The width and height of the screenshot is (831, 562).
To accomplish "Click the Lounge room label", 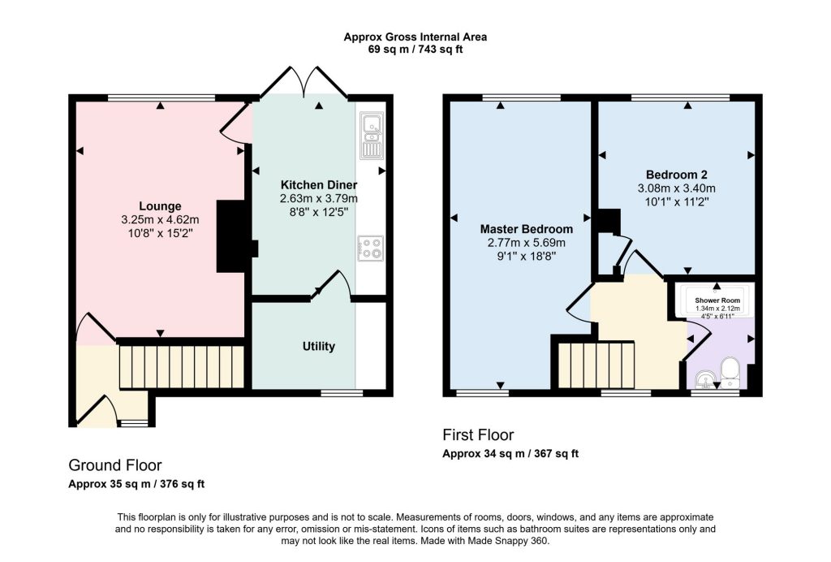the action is pos(160,206).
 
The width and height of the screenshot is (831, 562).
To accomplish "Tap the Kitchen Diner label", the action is pos(318,185).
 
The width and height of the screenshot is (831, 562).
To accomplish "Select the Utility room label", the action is pos(318,346).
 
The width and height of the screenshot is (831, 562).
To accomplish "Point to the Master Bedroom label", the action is pos(526,229).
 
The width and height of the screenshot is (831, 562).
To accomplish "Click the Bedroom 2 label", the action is pos(676,175).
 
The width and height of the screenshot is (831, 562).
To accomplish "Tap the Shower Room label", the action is pos(717,300).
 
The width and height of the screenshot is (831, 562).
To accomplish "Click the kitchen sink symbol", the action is pos(372,136).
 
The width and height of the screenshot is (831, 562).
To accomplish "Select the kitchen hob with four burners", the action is pos(370,249).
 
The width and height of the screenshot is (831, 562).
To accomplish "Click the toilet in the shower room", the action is pos(730,372).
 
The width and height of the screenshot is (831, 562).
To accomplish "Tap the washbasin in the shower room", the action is pos(705,379).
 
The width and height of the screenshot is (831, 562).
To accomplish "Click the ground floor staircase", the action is pos(181,367).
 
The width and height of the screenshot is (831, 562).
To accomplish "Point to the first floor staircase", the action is pos(596,365).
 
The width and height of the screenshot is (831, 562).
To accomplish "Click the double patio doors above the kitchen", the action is pos(304,82).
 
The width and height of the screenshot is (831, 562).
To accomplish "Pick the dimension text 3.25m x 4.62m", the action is pos(160,219).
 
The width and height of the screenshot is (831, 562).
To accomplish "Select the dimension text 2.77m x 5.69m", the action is pos(526,243).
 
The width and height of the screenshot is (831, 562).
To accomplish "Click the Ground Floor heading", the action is pos(115,465).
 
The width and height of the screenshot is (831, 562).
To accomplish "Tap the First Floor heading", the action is pos(478,434).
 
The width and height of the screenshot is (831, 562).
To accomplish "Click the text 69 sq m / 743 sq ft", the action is pos(415,50).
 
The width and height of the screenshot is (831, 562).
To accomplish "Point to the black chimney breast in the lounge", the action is pos(234,236).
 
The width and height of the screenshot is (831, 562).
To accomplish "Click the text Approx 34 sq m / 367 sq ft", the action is pos(510,454).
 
